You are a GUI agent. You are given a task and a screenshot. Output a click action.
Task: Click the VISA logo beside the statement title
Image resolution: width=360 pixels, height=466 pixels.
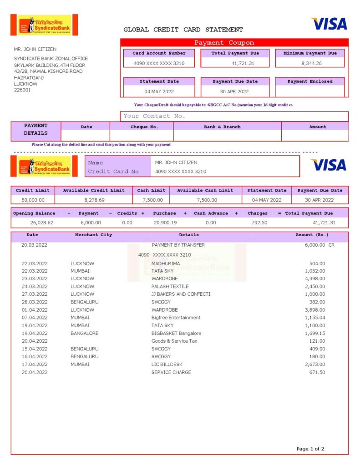point(329,24)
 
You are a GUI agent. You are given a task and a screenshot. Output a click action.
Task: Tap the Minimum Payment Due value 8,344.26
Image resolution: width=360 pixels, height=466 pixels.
point(311,63)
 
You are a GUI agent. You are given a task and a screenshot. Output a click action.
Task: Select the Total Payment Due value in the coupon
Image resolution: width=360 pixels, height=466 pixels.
point(243,63)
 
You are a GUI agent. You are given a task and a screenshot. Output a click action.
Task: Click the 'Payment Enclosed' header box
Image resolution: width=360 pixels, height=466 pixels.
point(310,81)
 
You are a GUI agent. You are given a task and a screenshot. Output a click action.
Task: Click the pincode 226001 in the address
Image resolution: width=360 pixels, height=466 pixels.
point(22,90)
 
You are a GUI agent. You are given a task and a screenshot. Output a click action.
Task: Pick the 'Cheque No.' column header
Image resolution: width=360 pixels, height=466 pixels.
point(144,127)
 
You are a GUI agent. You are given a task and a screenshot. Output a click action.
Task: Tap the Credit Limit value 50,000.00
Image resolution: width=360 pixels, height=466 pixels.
point(33,200)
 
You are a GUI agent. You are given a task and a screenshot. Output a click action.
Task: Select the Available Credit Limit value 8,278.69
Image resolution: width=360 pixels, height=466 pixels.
point(94,200)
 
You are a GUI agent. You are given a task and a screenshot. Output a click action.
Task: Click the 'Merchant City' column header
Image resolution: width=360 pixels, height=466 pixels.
point(93,235)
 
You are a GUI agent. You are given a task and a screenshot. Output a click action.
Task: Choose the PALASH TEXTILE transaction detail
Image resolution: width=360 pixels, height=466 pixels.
point(170,286)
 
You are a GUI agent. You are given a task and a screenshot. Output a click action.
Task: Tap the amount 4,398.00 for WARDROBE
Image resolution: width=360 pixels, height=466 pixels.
point(315,279)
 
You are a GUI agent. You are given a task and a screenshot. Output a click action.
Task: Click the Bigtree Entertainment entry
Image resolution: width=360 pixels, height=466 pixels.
point(176,317)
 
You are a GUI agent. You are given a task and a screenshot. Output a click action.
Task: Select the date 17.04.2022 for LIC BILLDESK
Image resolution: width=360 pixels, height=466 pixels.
point(35,364)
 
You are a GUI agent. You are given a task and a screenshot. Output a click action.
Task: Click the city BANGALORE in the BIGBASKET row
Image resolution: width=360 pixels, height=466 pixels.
point(84,333)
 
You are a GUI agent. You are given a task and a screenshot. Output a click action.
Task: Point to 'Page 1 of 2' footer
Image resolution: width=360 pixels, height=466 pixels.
point(310,449)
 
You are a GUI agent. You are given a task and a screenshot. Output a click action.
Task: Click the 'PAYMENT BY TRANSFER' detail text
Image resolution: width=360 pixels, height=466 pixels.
point(178,245)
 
